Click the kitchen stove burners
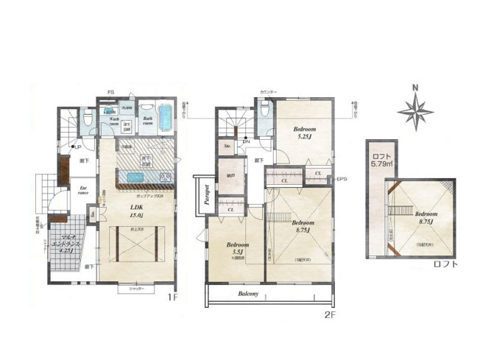[x=166, y=177]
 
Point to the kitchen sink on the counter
[x=138, y=177]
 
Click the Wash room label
[x=114, y=121]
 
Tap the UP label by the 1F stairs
[x=77, y=147]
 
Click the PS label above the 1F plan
[x=110, y=92]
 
